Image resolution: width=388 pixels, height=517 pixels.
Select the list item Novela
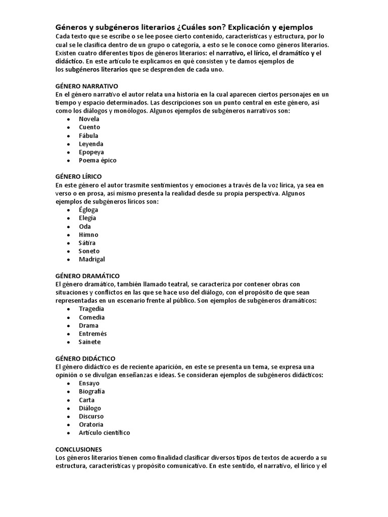89,119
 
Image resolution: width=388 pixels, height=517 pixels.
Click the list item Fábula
88,135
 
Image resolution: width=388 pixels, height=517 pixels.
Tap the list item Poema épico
98,160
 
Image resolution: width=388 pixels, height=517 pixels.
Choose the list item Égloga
88,210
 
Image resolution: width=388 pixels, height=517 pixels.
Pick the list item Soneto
89,251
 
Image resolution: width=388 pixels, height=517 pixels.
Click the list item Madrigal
92,259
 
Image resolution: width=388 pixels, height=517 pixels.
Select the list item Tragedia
91,308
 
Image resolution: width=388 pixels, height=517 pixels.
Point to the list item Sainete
89,342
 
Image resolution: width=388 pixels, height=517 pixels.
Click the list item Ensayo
89,383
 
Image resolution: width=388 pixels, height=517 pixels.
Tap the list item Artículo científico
104,433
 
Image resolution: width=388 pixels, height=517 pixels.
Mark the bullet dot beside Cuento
68,128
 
